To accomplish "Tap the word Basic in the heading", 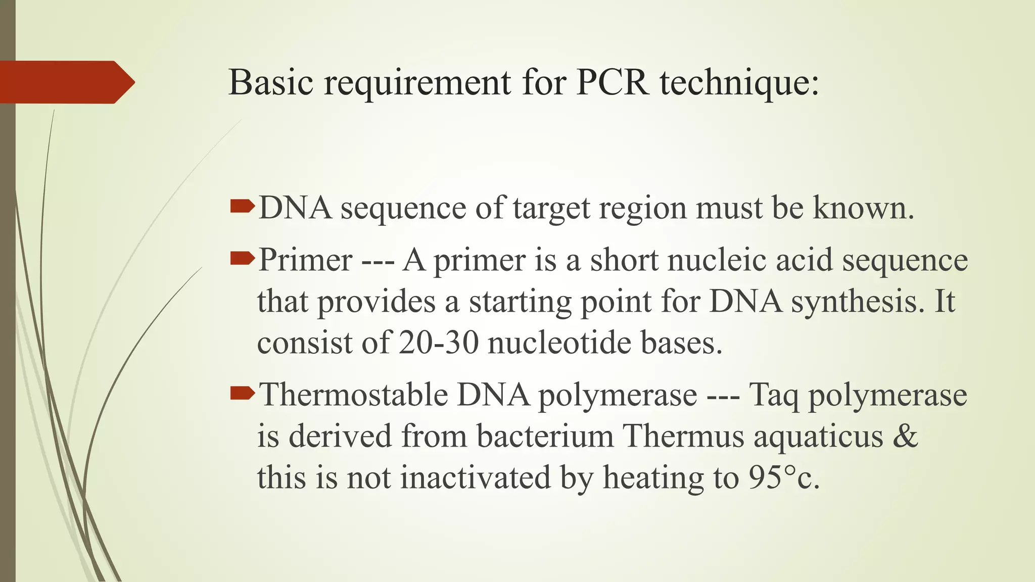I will [x=270, y=82].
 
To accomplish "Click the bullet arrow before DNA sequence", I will [x=242, y=206].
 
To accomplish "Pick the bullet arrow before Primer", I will [x=242, y=259].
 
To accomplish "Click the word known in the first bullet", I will [x=863, y=208].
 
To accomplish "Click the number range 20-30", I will [x=438, y=343].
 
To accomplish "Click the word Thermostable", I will [x=353, y=395].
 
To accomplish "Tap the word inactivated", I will [x=475, y=477].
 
